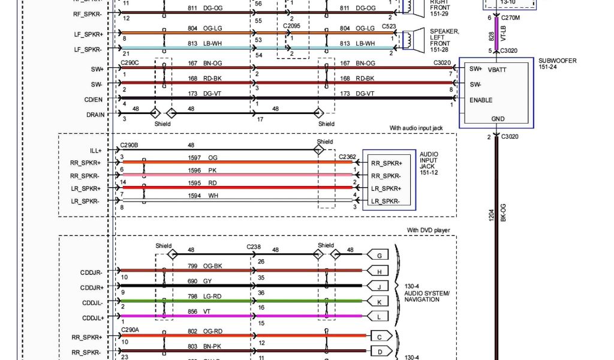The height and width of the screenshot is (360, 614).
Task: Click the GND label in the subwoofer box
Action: click(498, 119)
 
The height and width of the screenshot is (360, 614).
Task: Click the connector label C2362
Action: click(347, 156)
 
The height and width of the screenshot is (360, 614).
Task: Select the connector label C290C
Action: click(129, 62)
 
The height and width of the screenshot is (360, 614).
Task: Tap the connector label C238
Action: click(254, 246)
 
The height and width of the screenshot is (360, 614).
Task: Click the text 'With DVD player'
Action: click(428, 230)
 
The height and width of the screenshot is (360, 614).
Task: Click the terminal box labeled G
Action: click(379, 256)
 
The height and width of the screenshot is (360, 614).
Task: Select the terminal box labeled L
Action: click(379, 316)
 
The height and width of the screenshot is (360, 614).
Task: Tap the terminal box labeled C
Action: click(380, 336)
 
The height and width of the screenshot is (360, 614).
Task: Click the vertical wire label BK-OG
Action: click(503, 213)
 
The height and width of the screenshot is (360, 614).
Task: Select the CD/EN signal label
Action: click(94, 100)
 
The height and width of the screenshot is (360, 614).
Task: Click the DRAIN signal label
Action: click(95, 114)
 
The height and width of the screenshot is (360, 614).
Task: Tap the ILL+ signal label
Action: click(95, 151)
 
